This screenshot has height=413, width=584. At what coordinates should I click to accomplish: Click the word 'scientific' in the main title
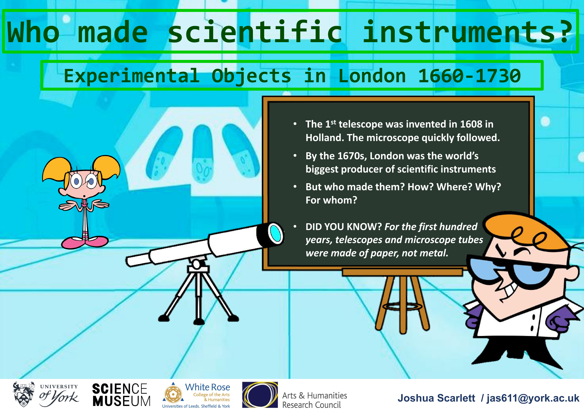(x=255, y=32)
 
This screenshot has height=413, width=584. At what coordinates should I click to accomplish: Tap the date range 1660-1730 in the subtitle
(x=469, y=76)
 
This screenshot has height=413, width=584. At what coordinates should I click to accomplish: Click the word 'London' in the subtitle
(x=372, y=76)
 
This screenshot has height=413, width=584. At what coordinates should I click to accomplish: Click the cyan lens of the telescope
(x=275, y=233)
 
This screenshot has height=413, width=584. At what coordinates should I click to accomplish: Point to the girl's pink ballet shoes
(x=85, y=242)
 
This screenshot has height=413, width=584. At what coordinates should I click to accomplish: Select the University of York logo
(x=46, y=395)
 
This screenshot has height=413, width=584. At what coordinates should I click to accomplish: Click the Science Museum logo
(x=121, y=395)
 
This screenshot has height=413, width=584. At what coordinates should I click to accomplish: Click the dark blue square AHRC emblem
(x=260, y=395)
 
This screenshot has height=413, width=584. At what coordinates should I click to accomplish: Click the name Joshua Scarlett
(x=436, y=398)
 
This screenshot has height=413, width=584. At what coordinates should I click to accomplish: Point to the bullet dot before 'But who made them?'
(x=295, y=186)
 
